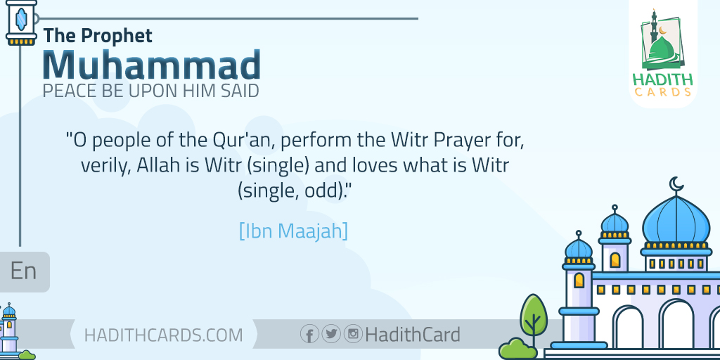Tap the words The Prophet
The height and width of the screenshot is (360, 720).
click(x=98, y=36)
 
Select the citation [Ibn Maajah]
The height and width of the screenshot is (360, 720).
click(x=293, y=231)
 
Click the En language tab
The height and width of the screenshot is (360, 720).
click(x=23, y=271)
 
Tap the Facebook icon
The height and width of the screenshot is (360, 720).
click(x=310, y=334)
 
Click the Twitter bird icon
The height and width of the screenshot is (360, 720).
click(x=331, y=333)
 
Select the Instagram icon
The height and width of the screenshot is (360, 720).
click(x=353, y=333)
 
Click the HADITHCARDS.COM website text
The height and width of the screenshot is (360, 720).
click(x=163, y=335)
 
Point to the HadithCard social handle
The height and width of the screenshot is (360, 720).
click(x=413, y=334)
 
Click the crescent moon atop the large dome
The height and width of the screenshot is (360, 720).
click(x=676, y=184)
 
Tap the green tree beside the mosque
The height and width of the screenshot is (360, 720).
click(x=533, y=317)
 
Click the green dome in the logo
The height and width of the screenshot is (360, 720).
click(x=662, y=50)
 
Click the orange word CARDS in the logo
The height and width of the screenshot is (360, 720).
click(x=662, y=92)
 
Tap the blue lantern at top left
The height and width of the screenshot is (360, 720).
click(x=21, y=22)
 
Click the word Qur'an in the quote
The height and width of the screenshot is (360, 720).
click(x=243, y=140)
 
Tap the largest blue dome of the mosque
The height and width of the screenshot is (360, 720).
click(x=676, y=221)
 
